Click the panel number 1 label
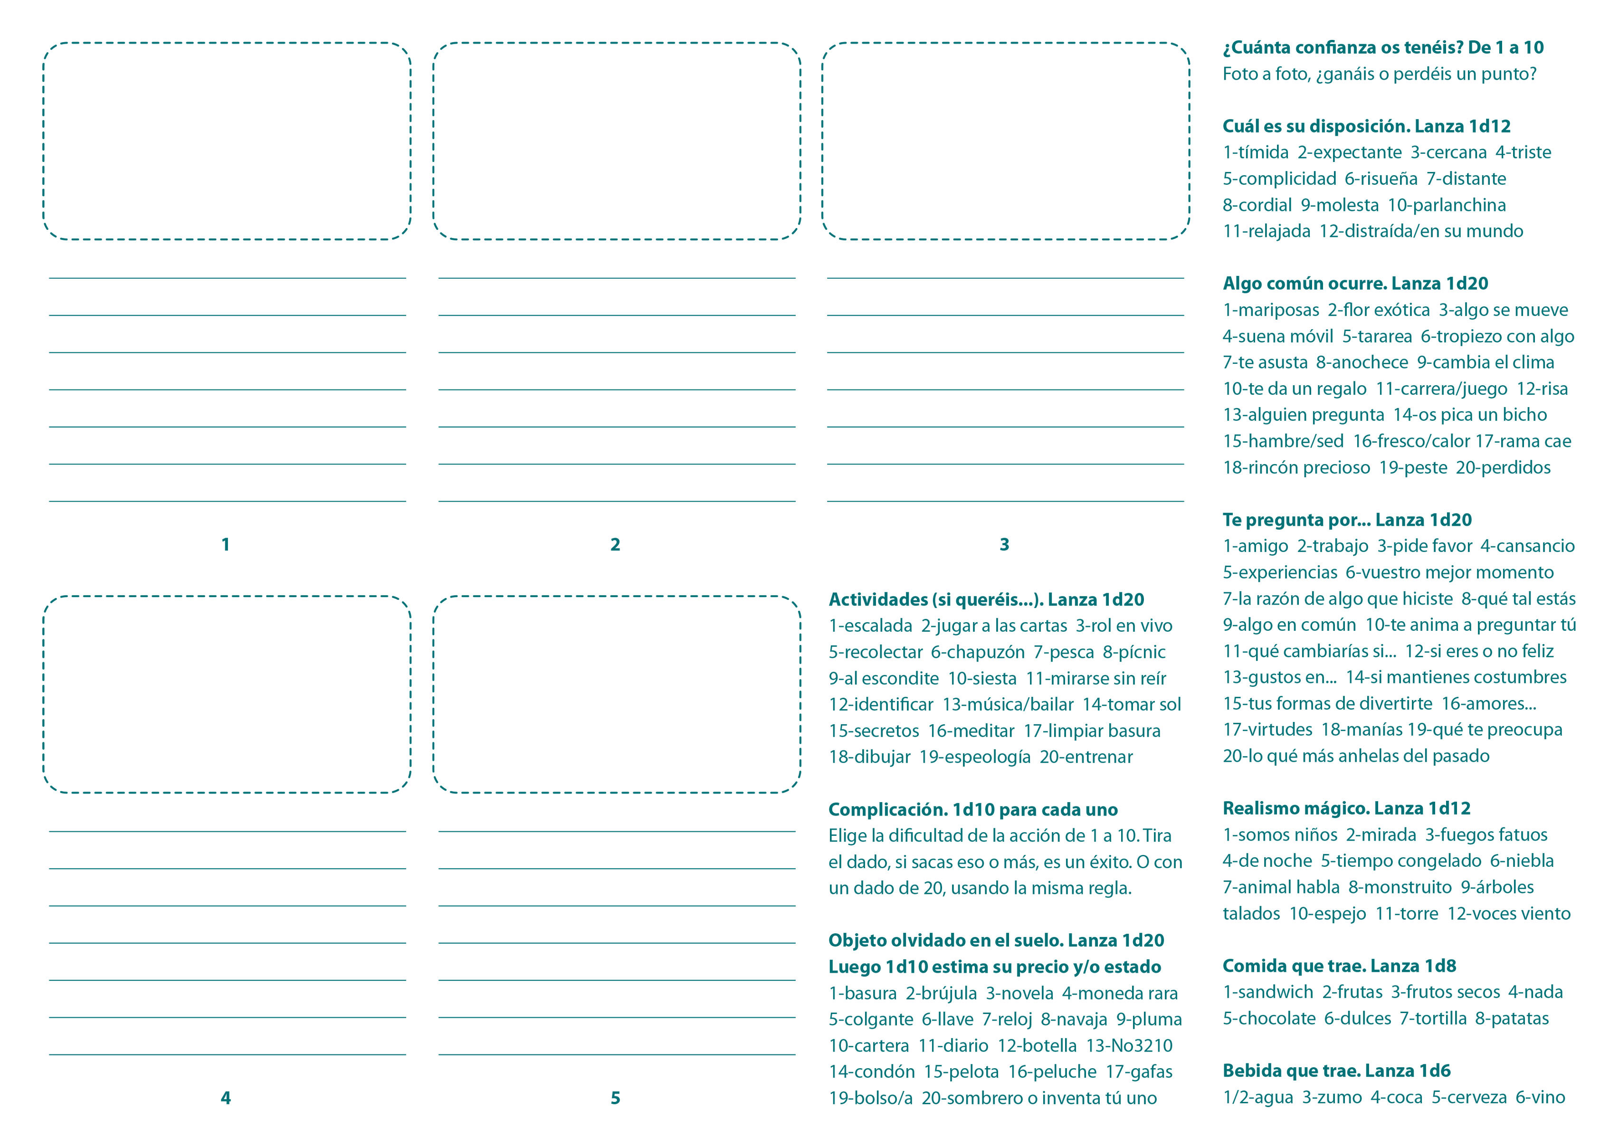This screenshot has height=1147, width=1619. (x=225, y=545)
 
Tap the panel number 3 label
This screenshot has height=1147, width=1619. (x=1004, y=545)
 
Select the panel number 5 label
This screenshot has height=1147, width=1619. (x=615, y=1098)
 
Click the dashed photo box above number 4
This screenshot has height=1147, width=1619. (x=227, y=694)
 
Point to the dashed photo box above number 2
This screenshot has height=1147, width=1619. (x=617, y=141)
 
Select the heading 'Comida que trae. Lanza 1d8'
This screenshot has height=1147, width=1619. (x=1339, y=966)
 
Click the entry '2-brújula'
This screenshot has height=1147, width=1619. (x=941, y=993)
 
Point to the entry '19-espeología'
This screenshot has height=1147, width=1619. (x=971, y=757)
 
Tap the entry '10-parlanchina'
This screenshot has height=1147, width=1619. (x=1447, y=205)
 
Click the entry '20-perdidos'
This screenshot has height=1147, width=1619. (x=1503, y=467)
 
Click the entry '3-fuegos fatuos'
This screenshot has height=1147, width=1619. (x=1486, y=835)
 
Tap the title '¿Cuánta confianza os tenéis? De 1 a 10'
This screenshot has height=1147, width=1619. (x=1383, y=47)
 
